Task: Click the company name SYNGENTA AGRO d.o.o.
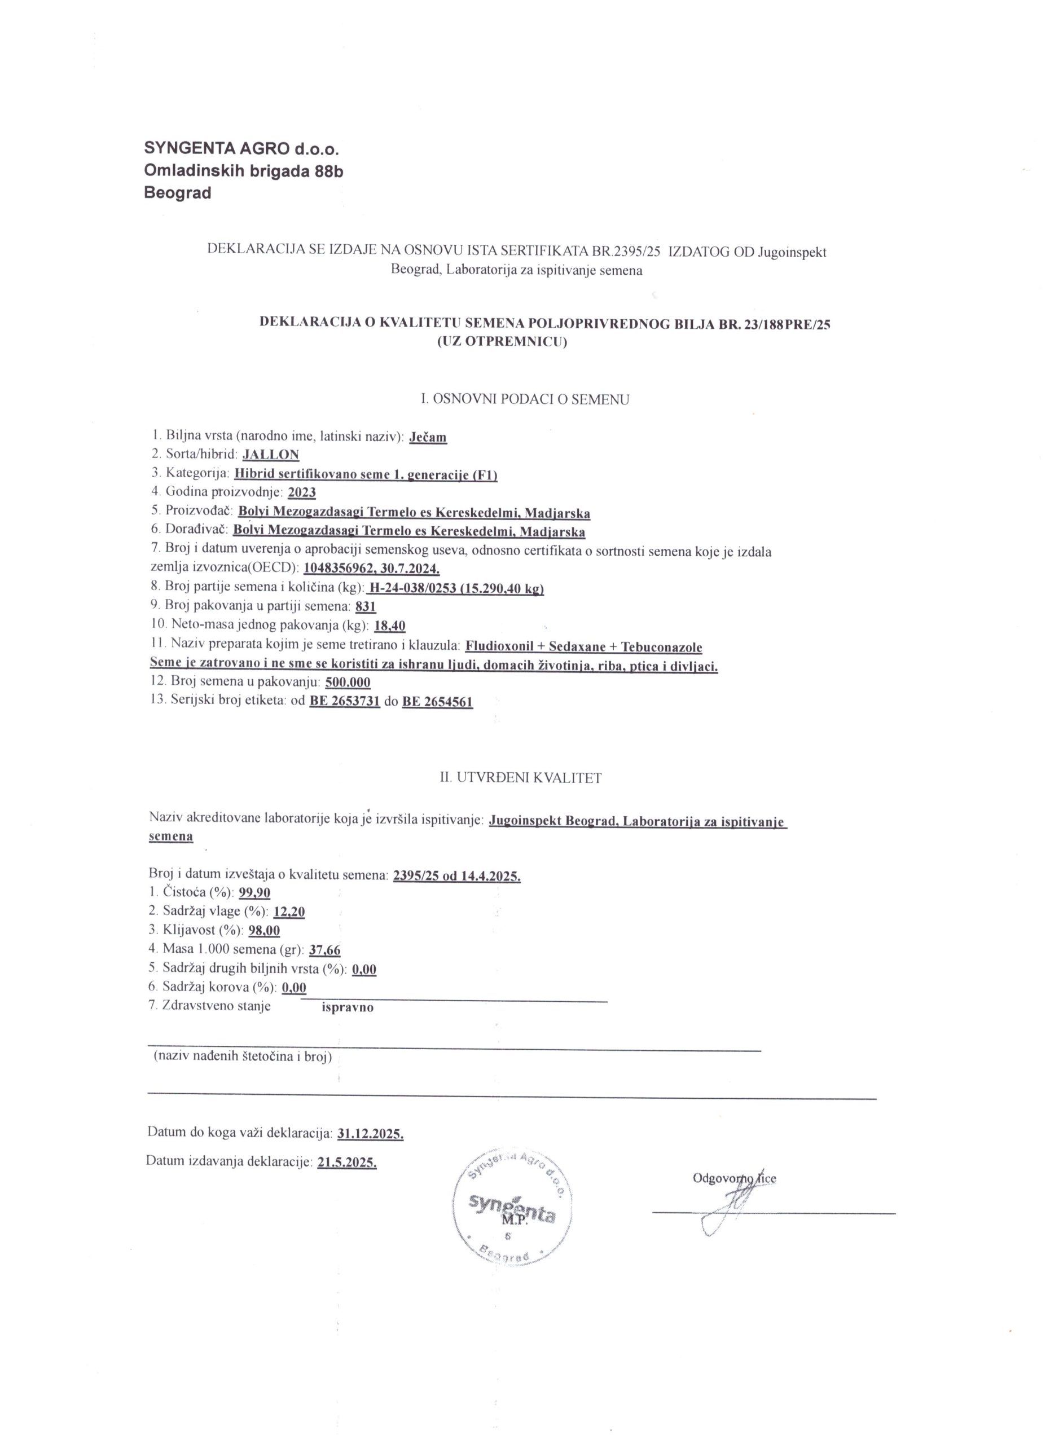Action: pyautogui.click(x=241, y=149)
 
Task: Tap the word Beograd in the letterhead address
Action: pyautogui.click(x=178, y=193)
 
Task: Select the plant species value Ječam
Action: pyautogui.click(x=428, y=437)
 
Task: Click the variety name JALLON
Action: pyautogui.click(x=271, y=455)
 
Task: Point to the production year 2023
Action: pyautogui.click(x=302, y=493)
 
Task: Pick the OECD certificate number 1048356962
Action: pyautogui.click(x=342, y=569)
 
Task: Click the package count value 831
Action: pyautogui.click(x=366, y=607)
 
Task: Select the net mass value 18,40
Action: pyautogui.click(x=390, y=626)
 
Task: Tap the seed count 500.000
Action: pyautogui.click(x=348, y=683)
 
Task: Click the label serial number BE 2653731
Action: pyautogui.click(x=345, y=702)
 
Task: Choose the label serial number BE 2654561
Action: pyautogui.click(x=437, y=702)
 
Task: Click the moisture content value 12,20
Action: pyautogui.click(x=289, y=912)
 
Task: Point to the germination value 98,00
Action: pyautogui.click(x=264, y=931)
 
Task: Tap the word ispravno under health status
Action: pyautogui.click(x=348, y=1008)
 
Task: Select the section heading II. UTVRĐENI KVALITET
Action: pyautogui.click(x=521, y=777)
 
